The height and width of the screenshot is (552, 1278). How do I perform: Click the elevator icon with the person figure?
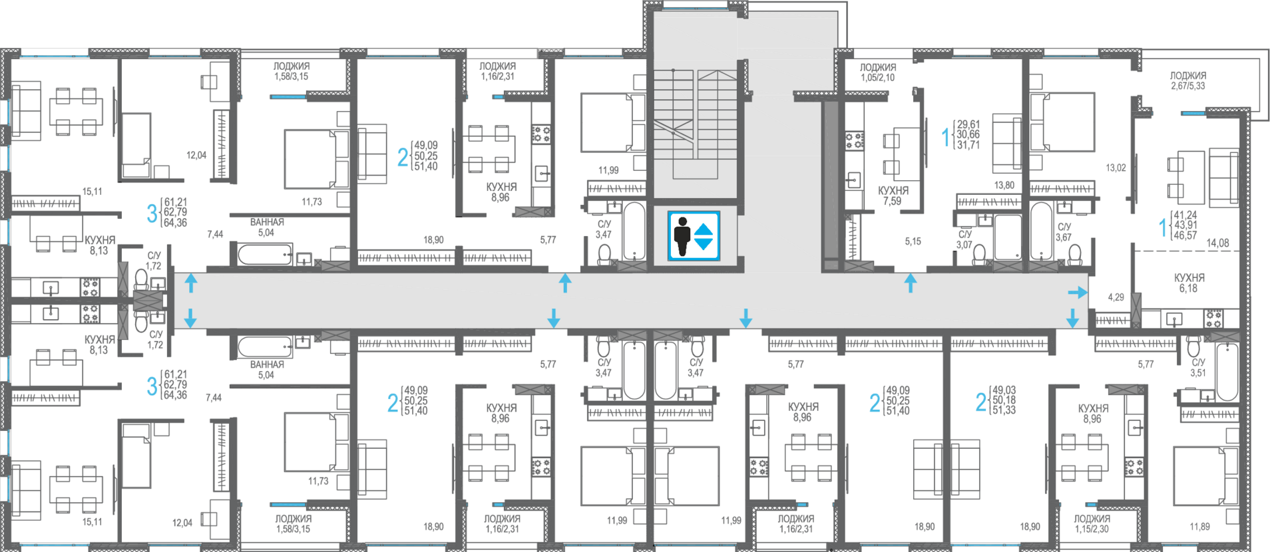coord(694,236)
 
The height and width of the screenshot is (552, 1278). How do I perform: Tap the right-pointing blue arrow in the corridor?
coord(1078,292)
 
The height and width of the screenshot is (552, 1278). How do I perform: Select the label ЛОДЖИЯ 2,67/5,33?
coord(1188,80)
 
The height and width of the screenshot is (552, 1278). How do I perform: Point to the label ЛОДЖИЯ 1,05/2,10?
coord(877,72)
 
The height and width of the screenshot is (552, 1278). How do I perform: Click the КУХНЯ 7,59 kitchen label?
coord(893,196)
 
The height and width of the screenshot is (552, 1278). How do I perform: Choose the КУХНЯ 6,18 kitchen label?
coord(1189,283)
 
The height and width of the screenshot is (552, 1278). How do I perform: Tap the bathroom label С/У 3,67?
coord(1064,232)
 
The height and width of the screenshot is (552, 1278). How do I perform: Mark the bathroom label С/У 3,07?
coord(964,239)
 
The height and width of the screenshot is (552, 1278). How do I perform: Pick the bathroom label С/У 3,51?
coord(1198,368)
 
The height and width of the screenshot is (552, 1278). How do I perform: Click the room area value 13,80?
coord(1004,186)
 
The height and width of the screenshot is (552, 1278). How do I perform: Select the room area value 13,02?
coord(1116,168)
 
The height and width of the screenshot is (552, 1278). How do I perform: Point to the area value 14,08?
coord(1217,243)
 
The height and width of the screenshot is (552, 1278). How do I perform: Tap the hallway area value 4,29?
coord(1116,297)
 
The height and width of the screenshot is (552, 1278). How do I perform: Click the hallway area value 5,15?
coord(913,241)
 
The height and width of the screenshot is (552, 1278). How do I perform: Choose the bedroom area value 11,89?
coord(1201,527)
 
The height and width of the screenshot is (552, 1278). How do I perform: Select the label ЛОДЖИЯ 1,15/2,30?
coord(1092,523)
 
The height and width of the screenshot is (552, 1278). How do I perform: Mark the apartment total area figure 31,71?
coord(968,145)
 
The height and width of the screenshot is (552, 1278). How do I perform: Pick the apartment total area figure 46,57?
coord(1185,235)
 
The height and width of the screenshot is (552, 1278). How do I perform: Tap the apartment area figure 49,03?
coord(1004,390)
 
